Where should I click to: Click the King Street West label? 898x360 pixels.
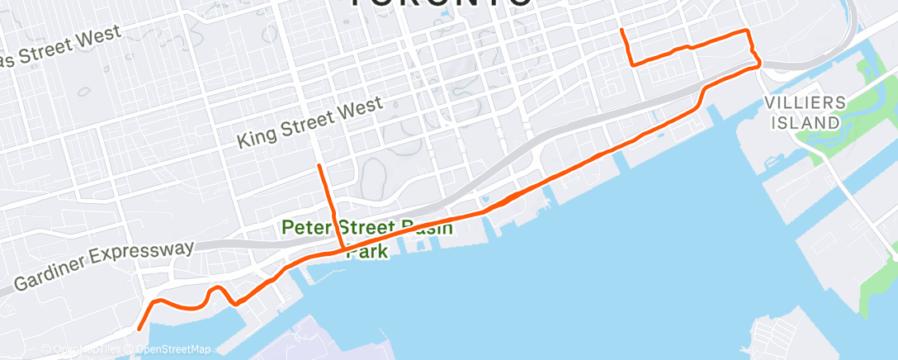(x=310, y=123)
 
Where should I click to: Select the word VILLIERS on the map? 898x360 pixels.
(x=806, y=103)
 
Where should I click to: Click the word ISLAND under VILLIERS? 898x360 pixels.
(x=806, y=122)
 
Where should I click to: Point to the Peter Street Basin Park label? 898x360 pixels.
(x=367, y=237)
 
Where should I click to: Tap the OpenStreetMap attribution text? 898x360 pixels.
(x=173, y=349)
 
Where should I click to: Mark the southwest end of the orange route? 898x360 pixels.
(x=138, y=329)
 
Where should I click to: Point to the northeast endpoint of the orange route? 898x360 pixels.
(x=622, y=31)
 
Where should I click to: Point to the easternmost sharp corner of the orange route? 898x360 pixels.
(x=759, y=65)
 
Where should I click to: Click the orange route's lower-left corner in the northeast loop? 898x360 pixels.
(x=632, y=64)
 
